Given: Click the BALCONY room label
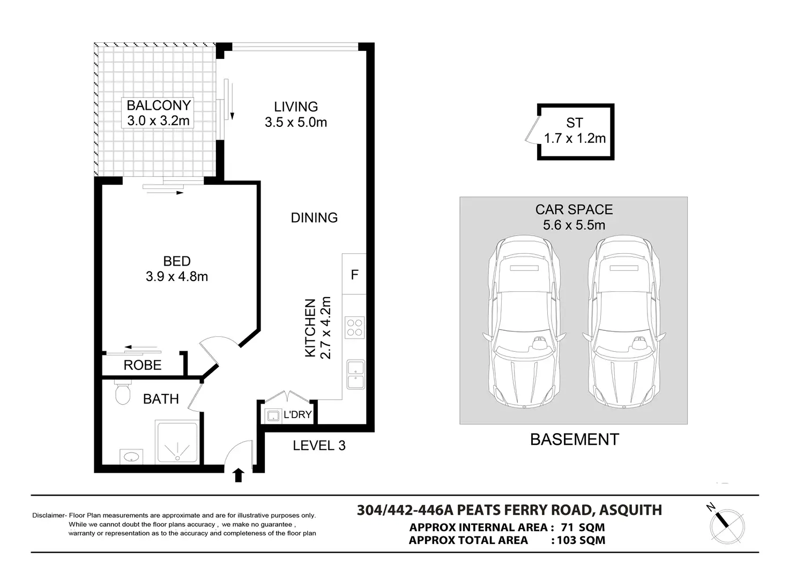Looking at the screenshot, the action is pyautogui.click(x=159, y=105).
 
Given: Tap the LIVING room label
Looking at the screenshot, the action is pyautogui.click(x=296, y=107).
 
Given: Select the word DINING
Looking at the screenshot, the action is pyautogui.click(x=314, y=218).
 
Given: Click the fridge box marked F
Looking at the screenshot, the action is pyautogui.click(x=354, y=274).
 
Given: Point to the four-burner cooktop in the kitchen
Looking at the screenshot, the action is pyautogui.click(x=354, y=328).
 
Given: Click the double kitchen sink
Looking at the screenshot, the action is pyautogui.click(x=356, y=374).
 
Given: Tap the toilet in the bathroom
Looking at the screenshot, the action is pyautogui.click(x=123, y=392).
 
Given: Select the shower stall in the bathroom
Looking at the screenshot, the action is pyautogui.click(x=177, y=442).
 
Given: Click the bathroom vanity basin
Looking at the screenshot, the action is pyautogui.click(x=131, y=457).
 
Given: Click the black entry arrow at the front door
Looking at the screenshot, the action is pyautogui.click(x=239, y=475).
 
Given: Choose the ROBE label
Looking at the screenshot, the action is pyautogui.click(x=142, y=366).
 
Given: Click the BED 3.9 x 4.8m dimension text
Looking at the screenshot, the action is pyautogui.click(x=177, y=276).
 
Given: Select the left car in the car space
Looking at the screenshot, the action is pyautogui.click(x=524, y=322).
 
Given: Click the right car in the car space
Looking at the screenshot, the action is pyautogui.click(x=624, y=322).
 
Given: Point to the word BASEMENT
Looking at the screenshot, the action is pyautogui.click(x=575, y=440).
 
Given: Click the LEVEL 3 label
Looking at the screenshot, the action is pyautogui.click(x=319, y=445).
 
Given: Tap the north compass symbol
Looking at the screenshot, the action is pyautogui.click(x=727, y=526).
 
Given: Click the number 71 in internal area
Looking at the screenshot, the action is pyautogui.click(x=568, y=527).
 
